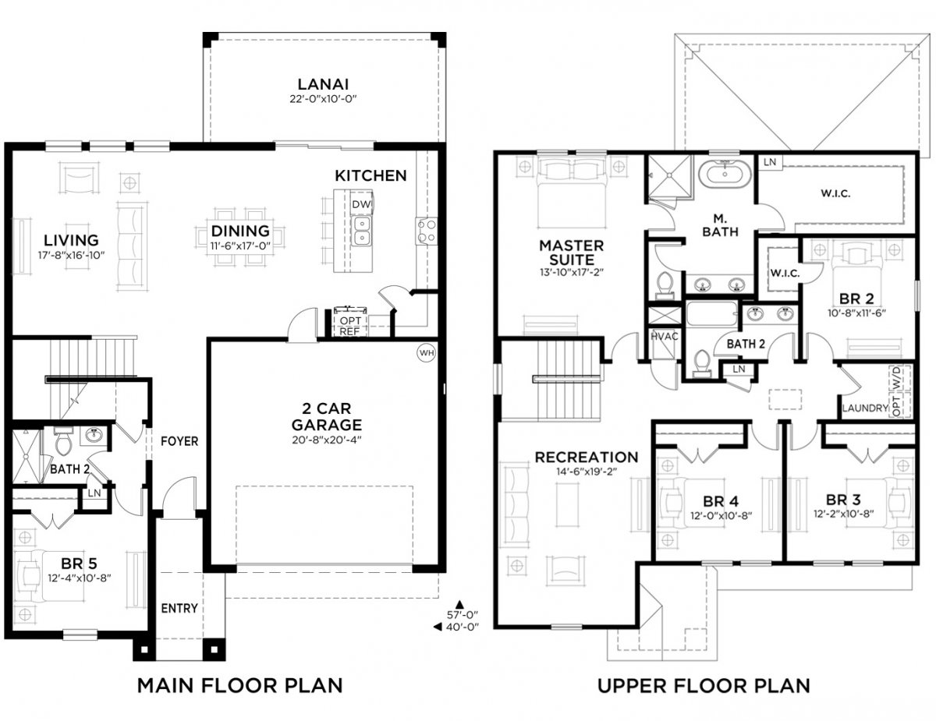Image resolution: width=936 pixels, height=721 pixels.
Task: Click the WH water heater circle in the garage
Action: coord(427,353)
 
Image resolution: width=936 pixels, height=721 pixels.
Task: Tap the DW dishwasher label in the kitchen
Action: coord(361,204)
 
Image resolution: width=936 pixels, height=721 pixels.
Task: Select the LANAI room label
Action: coord(323,84)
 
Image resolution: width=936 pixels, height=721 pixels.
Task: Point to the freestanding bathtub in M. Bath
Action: coord(725,174)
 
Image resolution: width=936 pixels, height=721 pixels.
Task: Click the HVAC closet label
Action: coord(665,337)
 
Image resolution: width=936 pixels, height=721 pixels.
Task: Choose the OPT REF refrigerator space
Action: coord(350,326)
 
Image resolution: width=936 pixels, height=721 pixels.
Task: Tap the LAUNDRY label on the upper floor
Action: coord(865,408)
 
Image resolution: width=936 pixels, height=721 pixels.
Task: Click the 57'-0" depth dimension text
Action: coord(463,615)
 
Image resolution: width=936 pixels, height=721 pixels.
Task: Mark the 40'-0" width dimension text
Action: coord(463,627)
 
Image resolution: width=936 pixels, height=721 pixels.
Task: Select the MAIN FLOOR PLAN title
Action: coord(240,685)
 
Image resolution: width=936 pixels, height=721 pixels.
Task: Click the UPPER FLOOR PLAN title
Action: coord(704,685)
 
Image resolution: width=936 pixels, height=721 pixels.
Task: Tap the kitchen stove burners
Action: coord(426,231)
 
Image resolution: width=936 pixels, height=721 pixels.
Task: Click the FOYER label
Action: coord(179,441)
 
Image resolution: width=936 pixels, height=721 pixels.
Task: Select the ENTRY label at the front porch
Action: coord(179,608)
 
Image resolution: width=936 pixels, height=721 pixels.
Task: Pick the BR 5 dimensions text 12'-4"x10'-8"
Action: coord(80,578)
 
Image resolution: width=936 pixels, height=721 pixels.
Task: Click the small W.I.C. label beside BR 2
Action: coord(785,273)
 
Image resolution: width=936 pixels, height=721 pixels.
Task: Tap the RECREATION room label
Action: coord(587,457)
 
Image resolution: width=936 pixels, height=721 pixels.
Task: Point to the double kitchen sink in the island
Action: coord(361,231)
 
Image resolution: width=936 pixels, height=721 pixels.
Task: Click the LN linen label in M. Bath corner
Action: coord(770,162)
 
